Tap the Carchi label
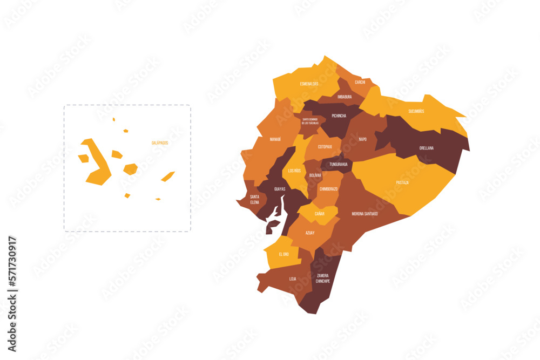(x=360, y=82)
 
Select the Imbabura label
(x=345, y=97)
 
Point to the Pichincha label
(x=339, y=116)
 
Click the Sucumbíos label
(x=416, y=111)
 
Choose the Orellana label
(x=427, y=148)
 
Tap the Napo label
(x=363, y=139)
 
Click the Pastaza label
(x=402, y=182)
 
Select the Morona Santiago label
(x=365, y=214)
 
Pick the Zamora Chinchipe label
(x=323, y=279)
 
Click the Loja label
(x=293, y=279)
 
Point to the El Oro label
(x=283, y=254)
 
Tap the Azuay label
(x=310, y=233)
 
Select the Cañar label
(x=320, y=214)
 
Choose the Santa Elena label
(x=254, y=200)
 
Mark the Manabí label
(x=275, y=139)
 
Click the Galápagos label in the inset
(x=160, y=142)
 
